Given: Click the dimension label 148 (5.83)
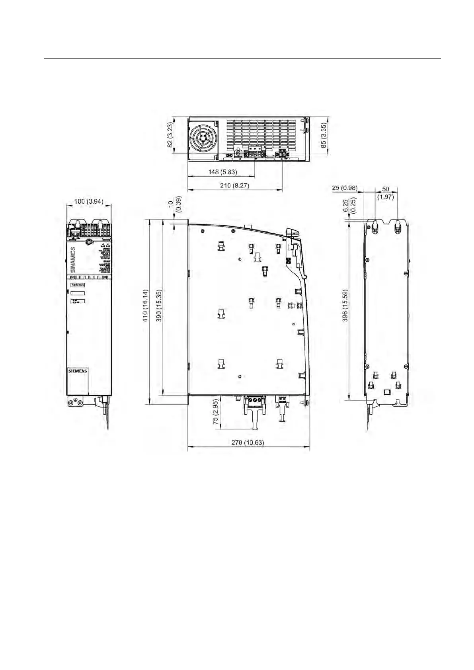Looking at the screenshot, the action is click(222, 172).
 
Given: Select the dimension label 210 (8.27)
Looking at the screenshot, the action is click(235, 185).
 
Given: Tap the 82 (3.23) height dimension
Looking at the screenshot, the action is click(170, 135).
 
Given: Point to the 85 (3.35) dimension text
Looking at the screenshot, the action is click(324, 135).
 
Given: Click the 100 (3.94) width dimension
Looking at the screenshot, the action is click(89, 202).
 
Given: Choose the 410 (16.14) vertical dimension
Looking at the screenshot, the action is click(145, 312).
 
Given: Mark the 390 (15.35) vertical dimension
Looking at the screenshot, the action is click(158, 312).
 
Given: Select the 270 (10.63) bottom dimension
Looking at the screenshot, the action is click(248, 442).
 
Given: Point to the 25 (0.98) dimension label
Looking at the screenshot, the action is click(344, 188).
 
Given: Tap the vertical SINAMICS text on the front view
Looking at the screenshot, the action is click(73, 259).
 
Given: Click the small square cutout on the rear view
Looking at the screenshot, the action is click(386, 392).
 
